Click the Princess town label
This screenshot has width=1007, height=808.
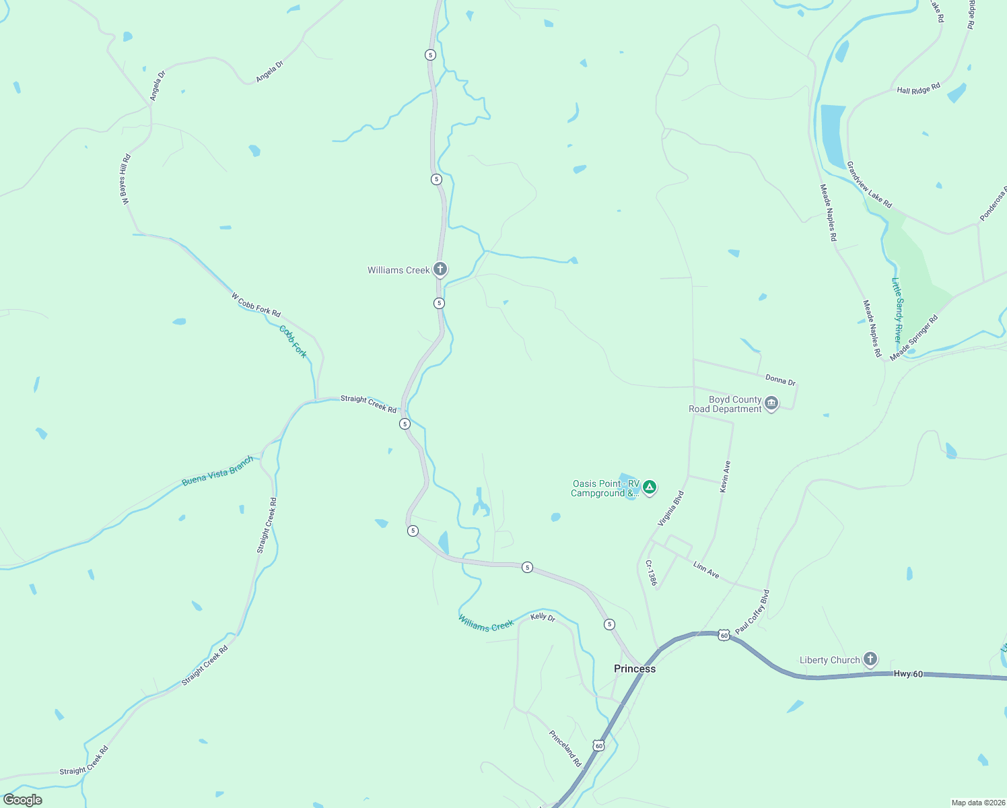click(634, 669)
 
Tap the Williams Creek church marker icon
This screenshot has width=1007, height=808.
click(440, 269)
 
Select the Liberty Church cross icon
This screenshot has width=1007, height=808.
click(870, 659)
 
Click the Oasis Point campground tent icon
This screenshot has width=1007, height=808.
click(649, 487)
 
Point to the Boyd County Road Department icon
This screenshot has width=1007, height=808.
click(771, 403)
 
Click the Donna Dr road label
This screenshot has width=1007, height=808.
click(780, 380)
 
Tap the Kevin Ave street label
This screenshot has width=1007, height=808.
click(724, 477)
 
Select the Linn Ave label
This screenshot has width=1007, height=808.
click(706, 570)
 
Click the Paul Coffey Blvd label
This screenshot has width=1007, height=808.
click(753, 612)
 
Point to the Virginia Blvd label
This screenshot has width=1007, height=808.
click(670, 508)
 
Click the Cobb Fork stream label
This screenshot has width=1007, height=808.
click(293, 341)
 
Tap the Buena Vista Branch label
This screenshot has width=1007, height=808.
click(218, 471)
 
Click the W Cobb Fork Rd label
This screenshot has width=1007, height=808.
click(256, 304)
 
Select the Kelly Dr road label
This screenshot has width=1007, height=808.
click(543, 617)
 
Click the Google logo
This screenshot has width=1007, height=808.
click(23, 800)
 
